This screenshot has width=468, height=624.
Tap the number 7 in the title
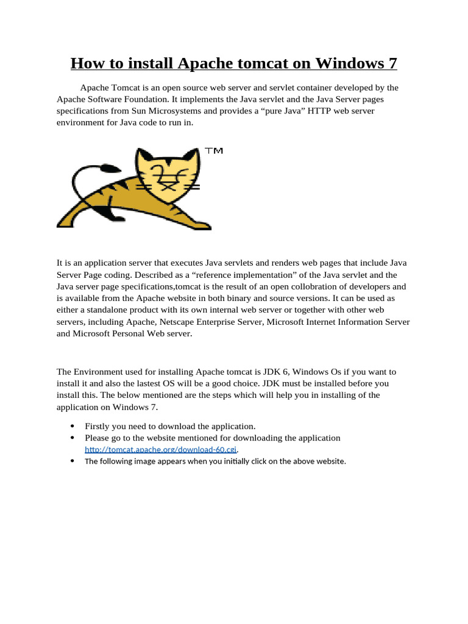pyautogui.click(x=392, y=63)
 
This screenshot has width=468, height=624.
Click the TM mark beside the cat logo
pyautogui.click(x=213, y=151)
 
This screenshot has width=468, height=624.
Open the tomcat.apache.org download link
pyautogui.click(x=160, y=450)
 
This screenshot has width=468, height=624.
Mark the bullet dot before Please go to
pyautogui.click(x=73, y=438)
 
